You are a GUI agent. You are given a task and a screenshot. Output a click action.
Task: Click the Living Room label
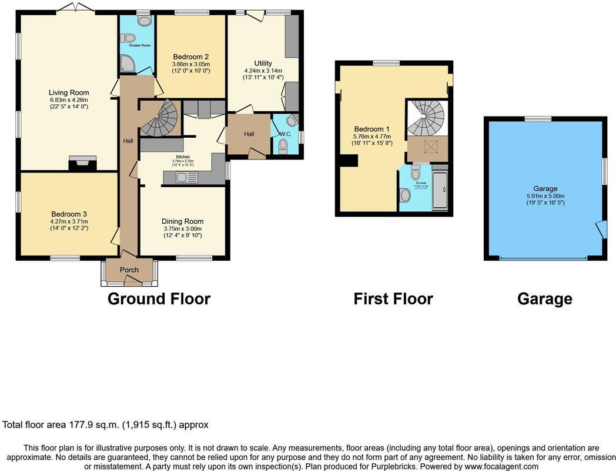[x=69, y=92]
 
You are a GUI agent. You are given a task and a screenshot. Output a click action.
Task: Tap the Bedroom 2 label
[x=190, y=57]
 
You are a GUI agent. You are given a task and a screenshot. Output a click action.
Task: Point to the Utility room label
[x=263, y=63]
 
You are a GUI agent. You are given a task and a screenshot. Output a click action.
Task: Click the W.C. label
[x=285, y=134]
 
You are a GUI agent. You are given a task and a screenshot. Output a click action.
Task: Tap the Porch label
[x=129, y=270]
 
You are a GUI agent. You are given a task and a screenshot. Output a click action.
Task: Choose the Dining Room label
[x=182, y=222]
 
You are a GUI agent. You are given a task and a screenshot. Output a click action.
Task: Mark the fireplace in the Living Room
[x=81, y=164]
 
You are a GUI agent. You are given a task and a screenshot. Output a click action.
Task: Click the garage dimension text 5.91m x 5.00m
[x=544, y=196]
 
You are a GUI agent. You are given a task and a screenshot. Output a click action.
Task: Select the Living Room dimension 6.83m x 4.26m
[x=69, y=99]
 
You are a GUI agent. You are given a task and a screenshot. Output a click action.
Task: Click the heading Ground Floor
[x=159, y=299]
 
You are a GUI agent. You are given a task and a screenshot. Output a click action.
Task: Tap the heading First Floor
[x=393, y=299]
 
